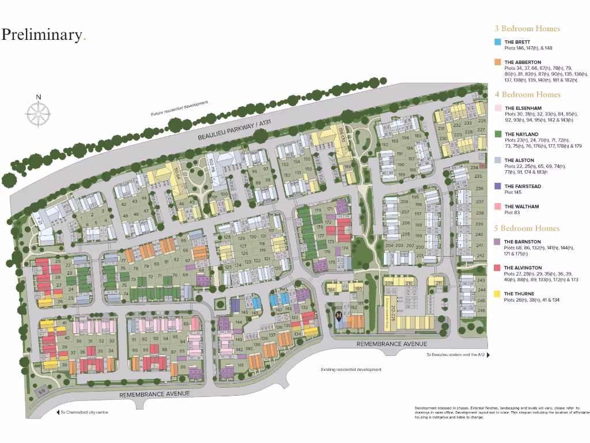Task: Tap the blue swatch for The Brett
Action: [498, 42]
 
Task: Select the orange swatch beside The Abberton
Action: [498, 62]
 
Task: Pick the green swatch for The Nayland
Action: [498, 134]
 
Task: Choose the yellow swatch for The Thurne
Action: [498, 294]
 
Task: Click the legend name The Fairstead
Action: [522, 186]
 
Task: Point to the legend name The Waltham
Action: [521, 207]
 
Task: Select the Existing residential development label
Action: [351, 370]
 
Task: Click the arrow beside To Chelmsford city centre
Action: [57, 412]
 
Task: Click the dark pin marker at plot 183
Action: [339, 316]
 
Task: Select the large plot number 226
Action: [482, 121]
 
